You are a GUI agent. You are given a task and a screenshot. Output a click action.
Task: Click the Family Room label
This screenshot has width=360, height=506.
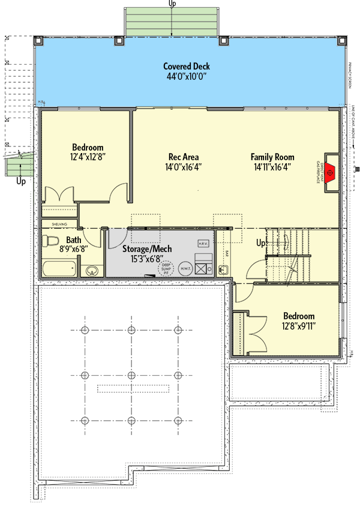(272, 157)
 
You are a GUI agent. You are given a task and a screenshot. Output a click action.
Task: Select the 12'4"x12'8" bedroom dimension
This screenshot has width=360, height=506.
(88, 157)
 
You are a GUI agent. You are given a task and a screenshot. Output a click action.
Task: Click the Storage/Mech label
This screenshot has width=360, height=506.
(147, 248)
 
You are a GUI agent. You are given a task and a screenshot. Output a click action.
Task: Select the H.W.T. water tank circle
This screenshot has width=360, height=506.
(186, 270)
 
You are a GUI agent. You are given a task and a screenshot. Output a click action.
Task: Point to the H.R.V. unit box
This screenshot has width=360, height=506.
(202, 243)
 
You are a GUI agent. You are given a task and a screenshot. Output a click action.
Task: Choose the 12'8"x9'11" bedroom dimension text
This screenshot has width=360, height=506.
(298, 327)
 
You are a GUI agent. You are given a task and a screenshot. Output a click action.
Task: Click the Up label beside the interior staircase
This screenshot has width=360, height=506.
(261, 244)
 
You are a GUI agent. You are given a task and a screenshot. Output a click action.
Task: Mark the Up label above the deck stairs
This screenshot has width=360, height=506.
(173, 4)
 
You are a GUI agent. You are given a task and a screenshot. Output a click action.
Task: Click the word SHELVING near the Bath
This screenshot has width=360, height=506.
(58, 223)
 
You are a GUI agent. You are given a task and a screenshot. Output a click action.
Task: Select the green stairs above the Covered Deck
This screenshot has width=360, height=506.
(172, 23)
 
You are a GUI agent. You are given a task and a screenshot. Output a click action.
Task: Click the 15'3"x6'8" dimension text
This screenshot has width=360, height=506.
(147, 259)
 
